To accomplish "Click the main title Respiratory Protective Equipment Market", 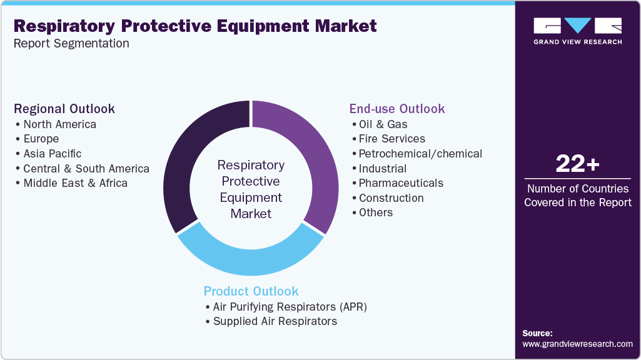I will point(195,26).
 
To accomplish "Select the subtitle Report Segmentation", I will point(71,44).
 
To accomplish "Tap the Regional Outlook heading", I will point(64,109).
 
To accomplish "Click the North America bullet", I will point(59,124).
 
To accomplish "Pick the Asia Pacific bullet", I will point(52,154).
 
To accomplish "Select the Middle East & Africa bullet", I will point(75,183).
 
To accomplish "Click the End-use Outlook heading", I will point(397,109).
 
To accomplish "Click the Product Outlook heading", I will point(251,291).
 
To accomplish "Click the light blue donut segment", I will point(250,257).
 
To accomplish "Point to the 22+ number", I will point(577,164).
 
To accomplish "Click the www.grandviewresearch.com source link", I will point(577,344).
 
